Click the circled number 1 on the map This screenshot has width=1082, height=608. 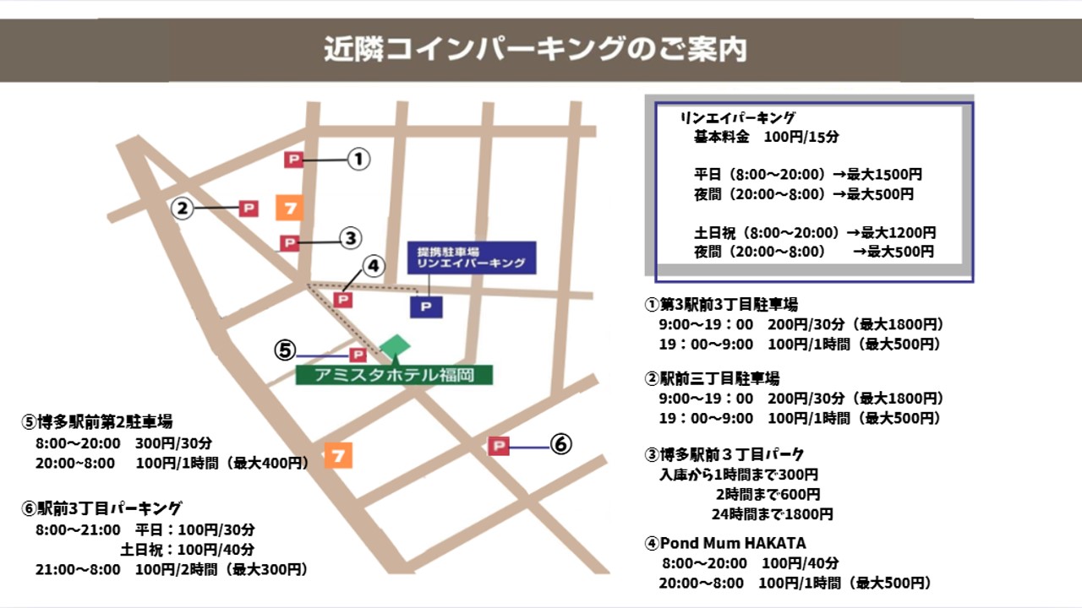pos(359,159)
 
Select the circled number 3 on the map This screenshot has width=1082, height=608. pos(351,239)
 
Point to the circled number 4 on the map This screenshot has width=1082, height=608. pos(373,267)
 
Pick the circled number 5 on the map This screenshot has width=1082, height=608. pos(286,350)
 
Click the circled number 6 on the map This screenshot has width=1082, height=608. pos(561,443)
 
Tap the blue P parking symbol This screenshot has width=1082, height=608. pos(426,307)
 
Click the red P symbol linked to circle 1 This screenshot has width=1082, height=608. pos(293,159)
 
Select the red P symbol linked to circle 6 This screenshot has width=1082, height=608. pos(499,446)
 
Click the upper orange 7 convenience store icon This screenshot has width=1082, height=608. pos(289,207)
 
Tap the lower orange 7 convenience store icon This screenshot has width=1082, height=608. pos(338,455)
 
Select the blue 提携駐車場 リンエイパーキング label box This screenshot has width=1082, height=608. pos(472,258)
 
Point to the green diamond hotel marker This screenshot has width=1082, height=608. pos(395,345)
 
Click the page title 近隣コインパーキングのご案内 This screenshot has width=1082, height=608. pos(535,49)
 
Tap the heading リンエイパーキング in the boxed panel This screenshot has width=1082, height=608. pos(738,119)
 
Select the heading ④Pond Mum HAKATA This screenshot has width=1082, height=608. pos(724,543)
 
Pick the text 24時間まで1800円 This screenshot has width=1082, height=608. pos(772,513)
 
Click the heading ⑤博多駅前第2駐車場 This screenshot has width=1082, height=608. pos(98,421)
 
